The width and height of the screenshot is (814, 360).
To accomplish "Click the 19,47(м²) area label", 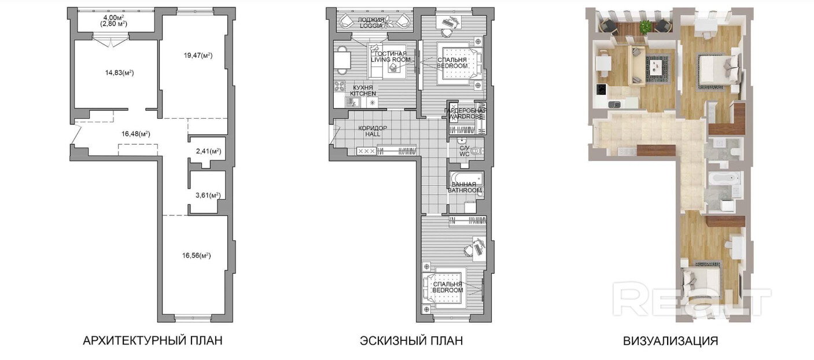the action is [x=198, y=56].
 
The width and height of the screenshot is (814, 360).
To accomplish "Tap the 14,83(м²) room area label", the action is [x=120, y=73].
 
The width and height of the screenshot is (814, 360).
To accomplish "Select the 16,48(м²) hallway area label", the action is [x=135, y=134].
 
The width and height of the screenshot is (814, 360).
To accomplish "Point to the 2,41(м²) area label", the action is [x=208, y=151].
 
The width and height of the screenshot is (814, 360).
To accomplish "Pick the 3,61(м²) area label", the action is [x=208, y=195].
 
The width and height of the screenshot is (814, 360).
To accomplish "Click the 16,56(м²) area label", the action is [x=196, y=256].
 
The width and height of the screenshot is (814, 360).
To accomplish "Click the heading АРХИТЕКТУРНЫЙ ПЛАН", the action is [x=153, y=341].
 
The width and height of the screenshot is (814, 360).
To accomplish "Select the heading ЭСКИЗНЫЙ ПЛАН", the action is [x=411, y=341].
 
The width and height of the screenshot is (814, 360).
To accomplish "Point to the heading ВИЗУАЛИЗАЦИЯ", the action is [x=671, y=341].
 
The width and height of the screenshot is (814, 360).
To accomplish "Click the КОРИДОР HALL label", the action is [x=373, y=131].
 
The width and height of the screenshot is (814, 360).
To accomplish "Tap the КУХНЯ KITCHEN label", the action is [x=363, y=90].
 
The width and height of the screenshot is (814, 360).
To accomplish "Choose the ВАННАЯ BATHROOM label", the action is [x=465, y=188].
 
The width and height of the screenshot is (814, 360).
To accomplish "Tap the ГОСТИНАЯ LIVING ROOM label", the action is [x=391, y=57].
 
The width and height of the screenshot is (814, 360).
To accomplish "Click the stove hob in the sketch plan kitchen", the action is [x=340, y=86].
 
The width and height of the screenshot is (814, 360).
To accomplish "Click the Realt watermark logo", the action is [x=691, y=298].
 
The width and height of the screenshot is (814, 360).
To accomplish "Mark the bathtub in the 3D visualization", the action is [x=724, y=178].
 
